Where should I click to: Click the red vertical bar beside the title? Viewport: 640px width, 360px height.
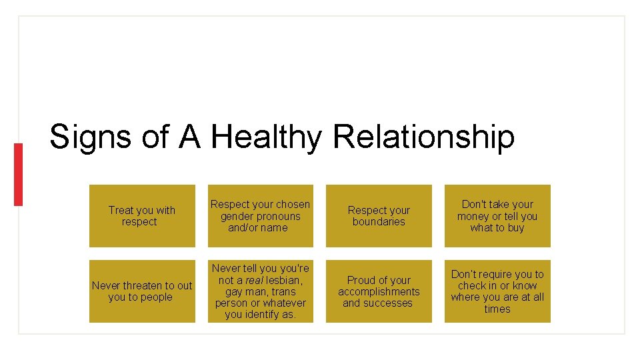pos(18,174)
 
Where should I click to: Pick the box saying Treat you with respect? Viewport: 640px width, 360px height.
pos(142,216)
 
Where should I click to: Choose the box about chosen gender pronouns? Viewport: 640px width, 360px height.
pos(260,216)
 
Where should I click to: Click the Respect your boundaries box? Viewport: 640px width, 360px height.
pos(379,216)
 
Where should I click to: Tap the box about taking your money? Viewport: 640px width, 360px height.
pos(497,216)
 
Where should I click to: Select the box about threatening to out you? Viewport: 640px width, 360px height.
pos(142,291)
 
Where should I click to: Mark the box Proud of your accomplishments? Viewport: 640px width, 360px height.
pos(379,291)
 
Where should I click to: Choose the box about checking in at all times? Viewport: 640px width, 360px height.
pos(497,291)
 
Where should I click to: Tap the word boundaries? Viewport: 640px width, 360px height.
pos(379,222)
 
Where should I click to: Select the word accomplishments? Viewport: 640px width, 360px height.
pos(379,291)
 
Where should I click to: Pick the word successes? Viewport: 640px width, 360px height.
pos(387,303)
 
